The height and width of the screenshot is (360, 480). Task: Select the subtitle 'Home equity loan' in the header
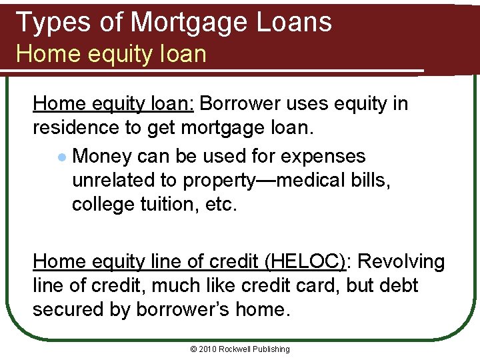point(111,53)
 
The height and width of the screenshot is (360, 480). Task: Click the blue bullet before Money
point(61,157)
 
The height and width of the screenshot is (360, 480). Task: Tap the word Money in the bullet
point(103,156)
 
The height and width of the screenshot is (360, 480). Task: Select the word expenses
point(323,156)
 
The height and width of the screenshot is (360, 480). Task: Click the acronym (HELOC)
point(305,261)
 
